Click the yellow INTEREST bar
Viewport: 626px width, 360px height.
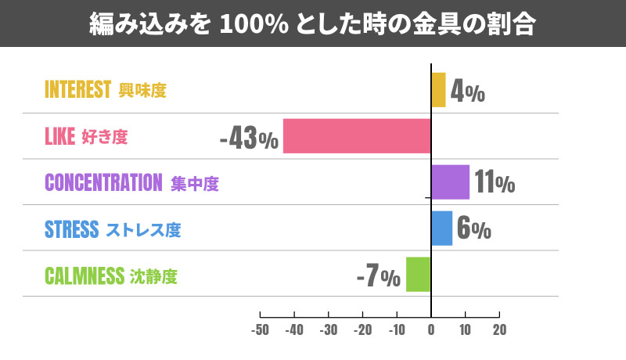(438, 90)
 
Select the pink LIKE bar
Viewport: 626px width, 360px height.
(357, 136)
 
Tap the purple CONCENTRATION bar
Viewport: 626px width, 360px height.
(450, 182)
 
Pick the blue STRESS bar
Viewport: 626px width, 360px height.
(441, 229)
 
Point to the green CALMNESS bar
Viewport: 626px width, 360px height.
(419, 274)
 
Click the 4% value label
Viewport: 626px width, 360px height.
(469, 92)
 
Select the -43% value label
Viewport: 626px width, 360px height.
(249, 139)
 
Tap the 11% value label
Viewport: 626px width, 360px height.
(495, 183)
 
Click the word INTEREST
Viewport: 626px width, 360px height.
(78, 90)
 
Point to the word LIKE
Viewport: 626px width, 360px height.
(59, 137)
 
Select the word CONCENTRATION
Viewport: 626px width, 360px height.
(103, 183)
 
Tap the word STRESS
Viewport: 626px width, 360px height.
(72, 229)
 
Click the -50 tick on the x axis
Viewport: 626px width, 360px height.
(260, 329)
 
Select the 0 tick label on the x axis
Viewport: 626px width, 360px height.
(431, 329)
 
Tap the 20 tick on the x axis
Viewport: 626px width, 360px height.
(499, 329)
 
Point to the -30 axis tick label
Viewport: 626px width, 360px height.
(329, 329)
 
